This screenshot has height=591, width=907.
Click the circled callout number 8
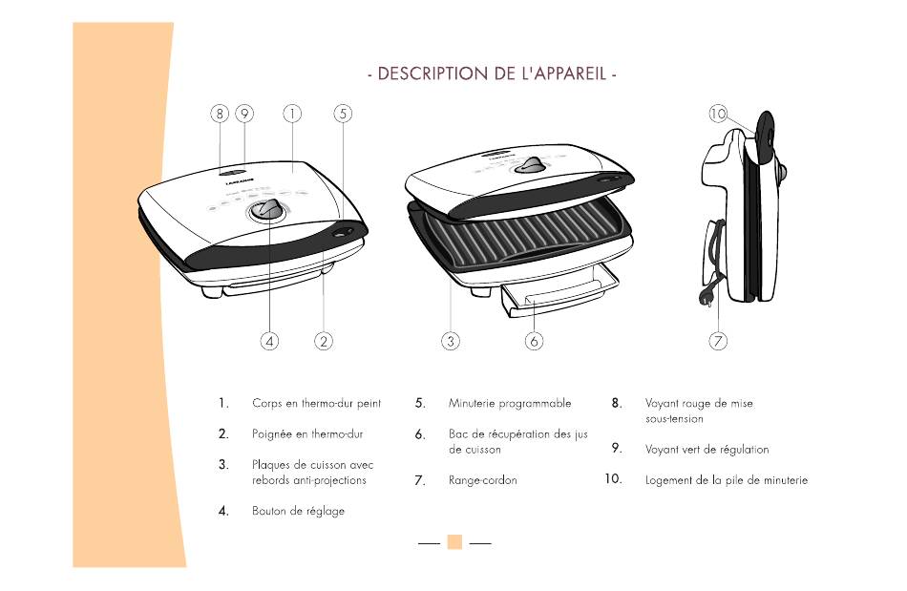click(220, 113)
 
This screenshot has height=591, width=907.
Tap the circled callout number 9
click(244, 113)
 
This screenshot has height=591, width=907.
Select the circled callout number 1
click(291, 113)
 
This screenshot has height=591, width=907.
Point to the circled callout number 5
click(343, 113)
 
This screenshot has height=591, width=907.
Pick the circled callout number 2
click(324, 340)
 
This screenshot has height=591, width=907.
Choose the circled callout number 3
click(452, 340)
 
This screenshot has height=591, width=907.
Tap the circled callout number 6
click(534, 340)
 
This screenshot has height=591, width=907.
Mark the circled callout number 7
click(719, 340)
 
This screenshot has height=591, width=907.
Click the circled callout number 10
click(718, 114)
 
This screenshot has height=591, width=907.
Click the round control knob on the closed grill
click(267, 211)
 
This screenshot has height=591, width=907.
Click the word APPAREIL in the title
click(566, 74)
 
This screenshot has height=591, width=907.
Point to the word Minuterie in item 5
click(474, 403)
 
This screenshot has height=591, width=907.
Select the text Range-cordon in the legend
click(482, 480)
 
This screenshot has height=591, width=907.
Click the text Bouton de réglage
click(298, 511)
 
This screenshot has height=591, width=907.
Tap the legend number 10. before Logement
click(613, 479)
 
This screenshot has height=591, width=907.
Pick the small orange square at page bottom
click(454, 541)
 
